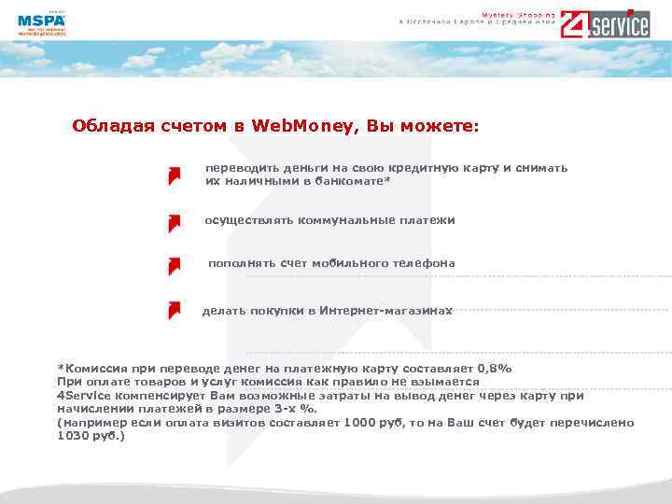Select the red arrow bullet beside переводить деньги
pyautogui.click(x=174, y=176)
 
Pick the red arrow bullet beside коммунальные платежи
pyautogui.click(x=174, y=223)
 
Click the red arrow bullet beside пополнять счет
pyautogui.click(x=174, y=266)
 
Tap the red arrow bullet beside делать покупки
pyautogui.click(x=174, y=310)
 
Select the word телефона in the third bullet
pyautogui.click(x=427, y=263)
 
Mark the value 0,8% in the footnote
pyautogui.click(x=495, y=369)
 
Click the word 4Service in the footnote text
pyautogui.click(x=84, y=396)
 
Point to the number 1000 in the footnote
pyautogui.click(x=360, y=423)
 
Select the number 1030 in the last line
pyautogui.click(x=74, y=436)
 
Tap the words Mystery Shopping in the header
pyautogui.click(x=518, y=15)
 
